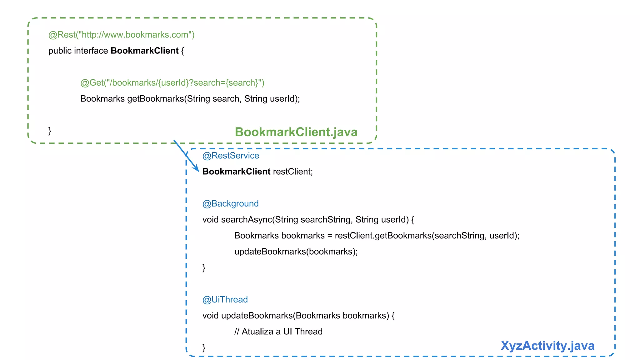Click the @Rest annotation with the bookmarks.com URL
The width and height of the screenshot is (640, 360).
point(121,35)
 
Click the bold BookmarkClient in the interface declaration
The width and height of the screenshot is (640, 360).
point(144,51)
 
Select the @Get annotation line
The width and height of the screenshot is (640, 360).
point(172,83)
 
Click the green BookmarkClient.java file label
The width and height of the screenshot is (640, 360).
point(296,132)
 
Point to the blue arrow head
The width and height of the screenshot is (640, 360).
point(197,169)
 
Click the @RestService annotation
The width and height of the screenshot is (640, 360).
point(231,156)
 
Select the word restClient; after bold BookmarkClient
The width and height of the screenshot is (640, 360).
point(293,172)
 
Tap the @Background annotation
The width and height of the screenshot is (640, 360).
point(230,204)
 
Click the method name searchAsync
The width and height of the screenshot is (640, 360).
point(247,220)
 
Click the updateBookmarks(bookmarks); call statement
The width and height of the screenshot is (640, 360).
point(296,252)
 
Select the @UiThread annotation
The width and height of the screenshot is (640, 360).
point(225,300)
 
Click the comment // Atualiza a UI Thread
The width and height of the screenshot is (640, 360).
point(278,332)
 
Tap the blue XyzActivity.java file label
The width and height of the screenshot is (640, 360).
point(547,346)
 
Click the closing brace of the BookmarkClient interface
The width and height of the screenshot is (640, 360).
point(50,131)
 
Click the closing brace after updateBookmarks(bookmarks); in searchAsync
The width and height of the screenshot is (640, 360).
point(204,268)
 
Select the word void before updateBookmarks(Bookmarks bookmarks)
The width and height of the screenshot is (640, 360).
point(210,316)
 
